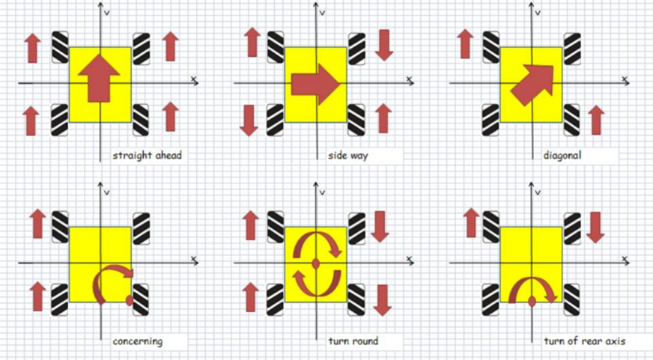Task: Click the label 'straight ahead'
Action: [x=147, y=156]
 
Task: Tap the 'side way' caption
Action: [x=347, y=156]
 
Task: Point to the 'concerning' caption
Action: [x=137, y=341]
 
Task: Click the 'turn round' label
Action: [x=353, y=341]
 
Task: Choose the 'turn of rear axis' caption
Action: [x=583, y=341]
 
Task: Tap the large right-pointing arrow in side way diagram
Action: [x=315, y=84]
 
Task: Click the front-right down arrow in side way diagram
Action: [x=384, y=45]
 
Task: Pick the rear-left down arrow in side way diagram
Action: [x=249, y=120]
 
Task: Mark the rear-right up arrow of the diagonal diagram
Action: [x=597, y=120]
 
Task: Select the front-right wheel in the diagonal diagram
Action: [x=572, y=47]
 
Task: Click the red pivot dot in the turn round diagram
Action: [x=315, y=263]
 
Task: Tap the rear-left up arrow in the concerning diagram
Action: [x=36, y=296]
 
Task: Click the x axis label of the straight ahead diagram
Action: [x=194, y=78]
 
